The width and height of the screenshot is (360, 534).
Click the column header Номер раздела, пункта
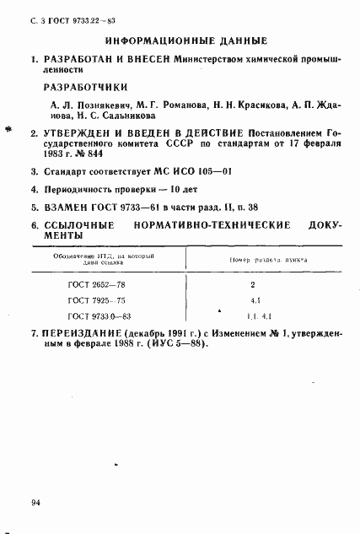pyautogui.click(x=256, y=262)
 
